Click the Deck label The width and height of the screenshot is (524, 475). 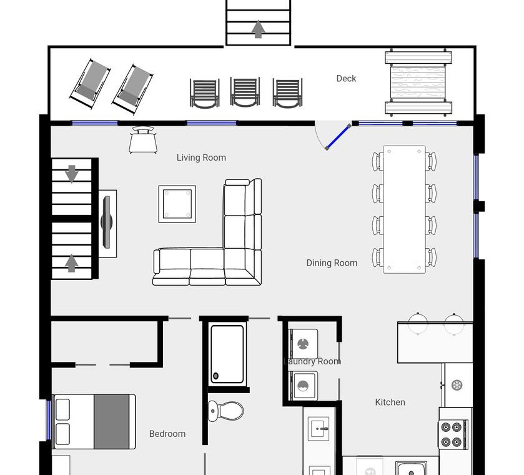point(346,79)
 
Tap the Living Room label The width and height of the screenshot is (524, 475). point(201,157)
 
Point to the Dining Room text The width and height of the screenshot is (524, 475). point(332,263)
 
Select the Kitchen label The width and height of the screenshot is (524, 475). point(390,402)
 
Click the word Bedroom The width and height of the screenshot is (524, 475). point(167,434)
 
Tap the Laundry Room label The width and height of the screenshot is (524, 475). point(312,361)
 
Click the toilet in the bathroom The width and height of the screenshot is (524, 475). point(226,411)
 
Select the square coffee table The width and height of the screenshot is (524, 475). point(177,204)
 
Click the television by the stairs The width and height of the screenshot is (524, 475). point(107,222)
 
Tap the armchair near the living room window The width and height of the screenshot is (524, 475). point(143,140)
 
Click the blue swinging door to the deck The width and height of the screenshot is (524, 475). point(338,137)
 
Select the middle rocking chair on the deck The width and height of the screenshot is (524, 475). point(245,92)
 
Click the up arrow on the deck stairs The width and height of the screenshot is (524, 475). point(258,29)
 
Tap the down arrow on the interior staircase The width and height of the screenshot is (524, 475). point(72,174)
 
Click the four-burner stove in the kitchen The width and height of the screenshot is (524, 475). point(453,434)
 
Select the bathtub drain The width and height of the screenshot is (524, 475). point(216,376)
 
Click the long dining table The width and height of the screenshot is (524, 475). point(404,209)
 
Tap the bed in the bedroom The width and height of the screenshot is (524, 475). point(94,421)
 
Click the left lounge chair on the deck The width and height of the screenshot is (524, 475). point(90,84)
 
